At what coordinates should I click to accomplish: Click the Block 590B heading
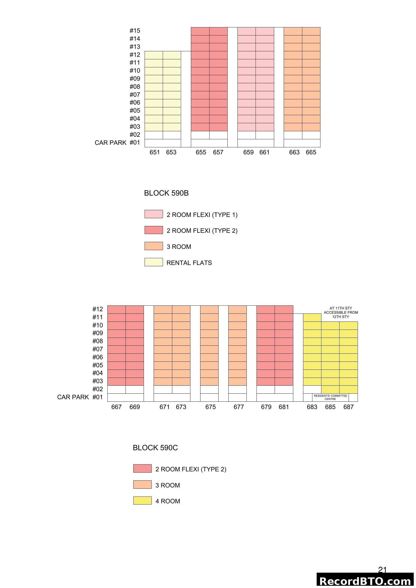pos(166,193)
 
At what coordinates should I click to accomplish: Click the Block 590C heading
pos(155,448)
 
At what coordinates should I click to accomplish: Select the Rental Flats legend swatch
pos(154,262)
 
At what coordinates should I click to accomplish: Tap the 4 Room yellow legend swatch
pos(142,501)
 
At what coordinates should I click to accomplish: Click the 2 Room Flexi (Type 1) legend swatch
pos(154,214)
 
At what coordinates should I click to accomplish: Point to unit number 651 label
pos(155,152)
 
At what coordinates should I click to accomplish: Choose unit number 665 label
pos(311,152)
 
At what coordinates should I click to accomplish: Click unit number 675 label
pos(211,407)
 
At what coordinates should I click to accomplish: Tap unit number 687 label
pos(348,407)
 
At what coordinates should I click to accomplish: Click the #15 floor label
pos(135,31)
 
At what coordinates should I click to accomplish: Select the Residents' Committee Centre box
pos(330,397)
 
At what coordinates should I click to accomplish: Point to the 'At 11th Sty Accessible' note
pos(341,312)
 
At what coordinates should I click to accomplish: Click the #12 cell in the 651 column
pos(154,55)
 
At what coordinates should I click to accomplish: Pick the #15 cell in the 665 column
pos(311,31)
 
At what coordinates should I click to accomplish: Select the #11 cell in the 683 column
pos(312,318)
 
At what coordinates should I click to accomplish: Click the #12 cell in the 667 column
pos(116,310)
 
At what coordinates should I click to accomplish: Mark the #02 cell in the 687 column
pos(349,389)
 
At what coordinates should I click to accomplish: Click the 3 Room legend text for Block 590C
pos(168,485)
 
